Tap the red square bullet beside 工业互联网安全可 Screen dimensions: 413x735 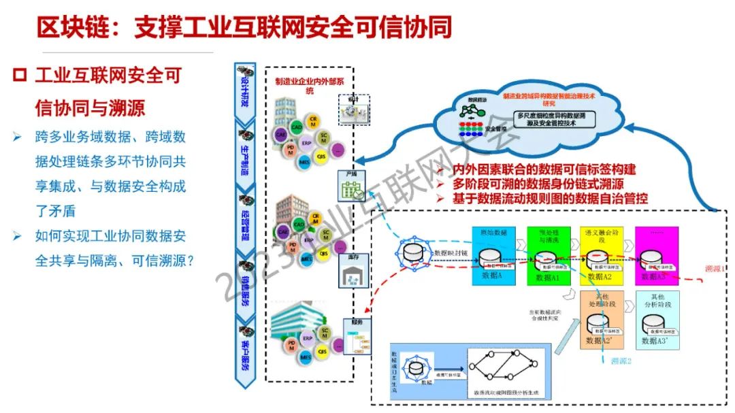19,75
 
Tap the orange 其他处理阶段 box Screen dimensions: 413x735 601,319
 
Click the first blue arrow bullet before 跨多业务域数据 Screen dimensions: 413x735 18,137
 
